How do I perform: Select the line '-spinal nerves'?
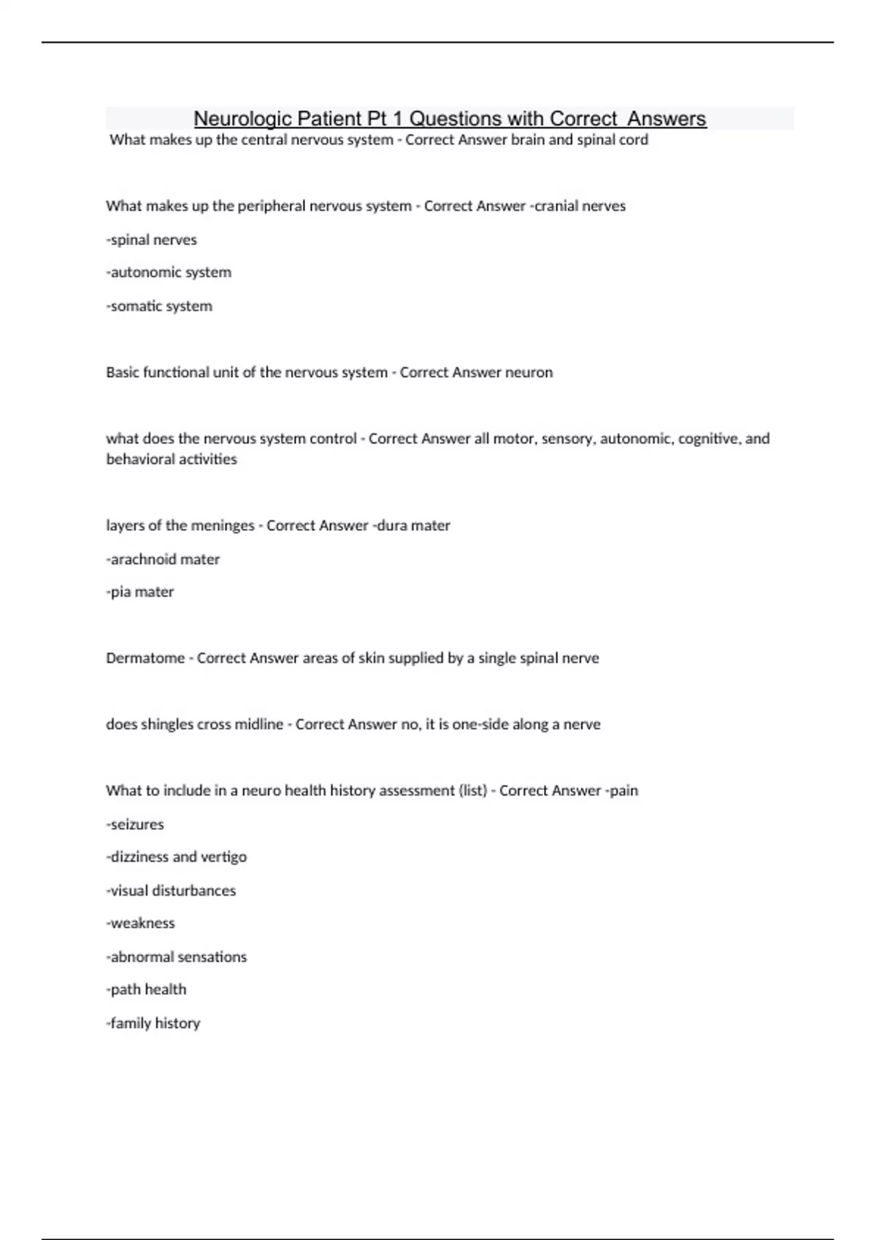point(152,240)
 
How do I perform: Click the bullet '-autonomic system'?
point(169,272)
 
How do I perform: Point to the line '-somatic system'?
point(159,306)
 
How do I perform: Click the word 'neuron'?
point(529,373)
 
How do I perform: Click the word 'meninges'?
point(219,526)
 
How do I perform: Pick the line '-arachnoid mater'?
point(163,559)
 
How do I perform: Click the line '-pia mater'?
point(140,592)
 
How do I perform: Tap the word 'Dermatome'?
point(145,658)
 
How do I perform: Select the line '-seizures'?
point(135,824)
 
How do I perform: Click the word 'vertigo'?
point(223,857)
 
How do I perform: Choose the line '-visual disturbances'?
point(171,891)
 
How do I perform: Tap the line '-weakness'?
point(141,923)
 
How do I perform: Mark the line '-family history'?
point(153,1023)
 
